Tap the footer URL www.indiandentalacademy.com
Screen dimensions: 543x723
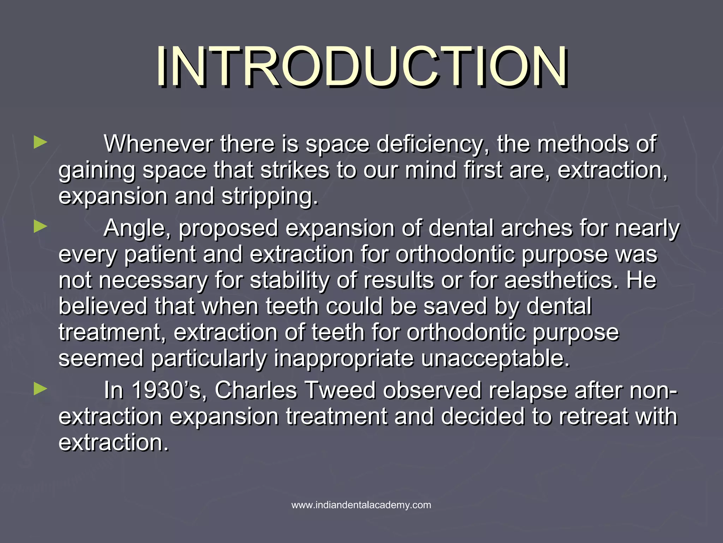pyautogui.click(x=361, y=505)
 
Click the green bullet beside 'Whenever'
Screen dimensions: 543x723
pyautogui.click(x=41, y=143)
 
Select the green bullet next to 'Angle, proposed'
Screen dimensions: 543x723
pyautogui.click(x=41, y=227)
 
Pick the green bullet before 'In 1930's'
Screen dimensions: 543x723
pyautogui.click(x=41, y=390)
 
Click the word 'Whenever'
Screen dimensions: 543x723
pyautogui.click(x=159, y=144)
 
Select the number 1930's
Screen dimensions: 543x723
pyautogui.click(x=169, y=390)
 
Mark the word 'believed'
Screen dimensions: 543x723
pyautogui.click(x=103, y=306)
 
